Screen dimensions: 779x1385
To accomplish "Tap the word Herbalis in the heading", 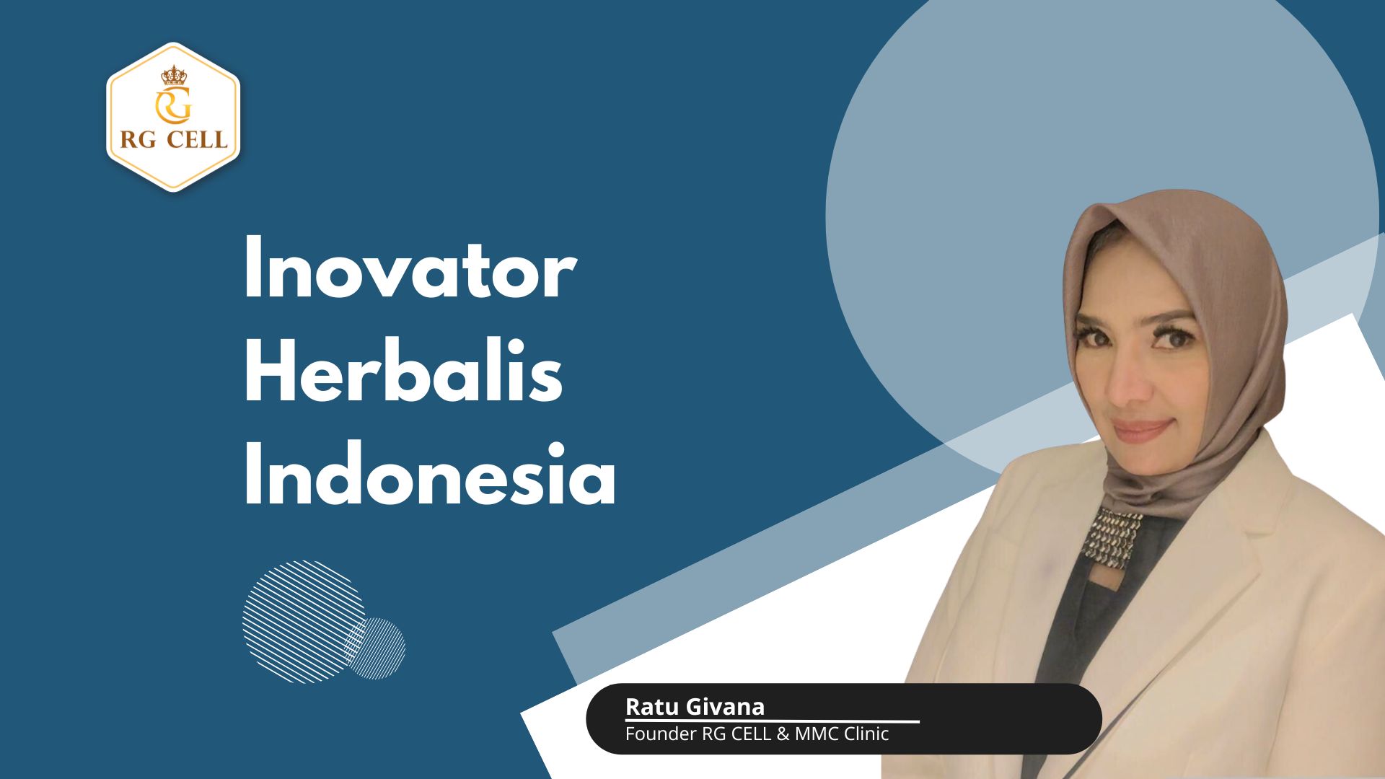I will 403,374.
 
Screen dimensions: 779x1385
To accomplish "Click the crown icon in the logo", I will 173,75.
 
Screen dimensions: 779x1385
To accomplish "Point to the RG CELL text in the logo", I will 173,139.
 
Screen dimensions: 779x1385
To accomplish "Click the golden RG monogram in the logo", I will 173,106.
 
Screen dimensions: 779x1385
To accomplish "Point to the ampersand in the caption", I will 783,734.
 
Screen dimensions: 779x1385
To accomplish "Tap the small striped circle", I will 379,648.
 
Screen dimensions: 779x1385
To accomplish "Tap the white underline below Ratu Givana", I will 772,721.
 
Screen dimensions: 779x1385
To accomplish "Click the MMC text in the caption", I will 817,734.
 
